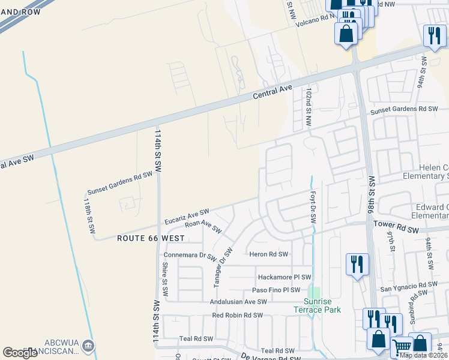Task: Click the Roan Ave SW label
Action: tap(203, 227)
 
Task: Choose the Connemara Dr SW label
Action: tap(190, 255)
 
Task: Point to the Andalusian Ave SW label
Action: tap(238, 302)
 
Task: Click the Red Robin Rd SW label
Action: tap(238, 315)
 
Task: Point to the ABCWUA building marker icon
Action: tap(88, 346)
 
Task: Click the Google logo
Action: tap(20, 352)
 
